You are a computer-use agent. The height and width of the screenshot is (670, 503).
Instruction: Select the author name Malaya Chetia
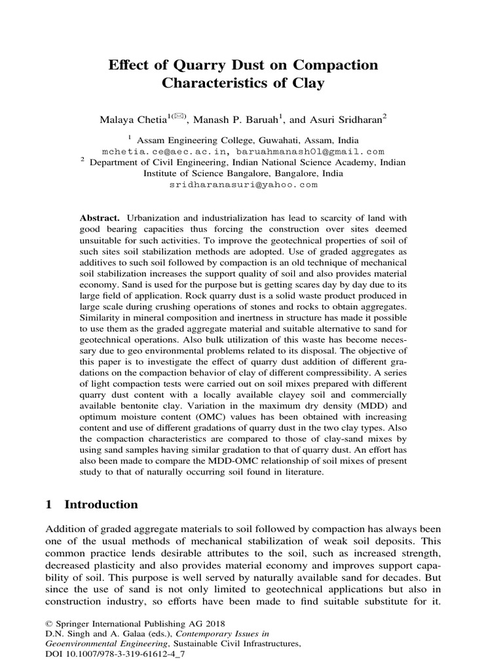(x=141, y=119)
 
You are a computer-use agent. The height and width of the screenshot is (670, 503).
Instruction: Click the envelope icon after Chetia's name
(x=179, y=116)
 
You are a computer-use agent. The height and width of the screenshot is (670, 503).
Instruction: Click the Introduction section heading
(x=101, y=504)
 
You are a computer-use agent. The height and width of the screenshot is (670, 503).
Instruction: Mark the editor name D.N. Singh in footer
(x=67, y=634)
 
